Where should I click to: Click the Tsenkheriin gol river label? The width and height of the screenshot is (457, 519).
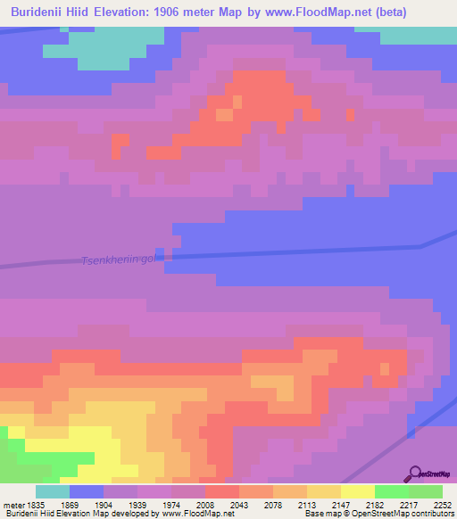(x=118, y=259)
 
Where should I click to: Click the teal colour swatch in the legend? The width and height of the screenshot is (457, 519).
(x=52, y=491)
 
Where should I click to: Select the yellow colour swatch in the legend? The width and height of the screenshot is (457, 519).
(x=357, y=491)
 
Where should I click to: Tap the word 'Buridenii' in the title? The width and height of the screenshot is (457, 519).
(x=40, y=12)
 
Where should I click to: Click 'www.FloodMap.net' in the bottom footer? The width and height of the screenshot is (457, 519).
(x=197, y=514)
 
